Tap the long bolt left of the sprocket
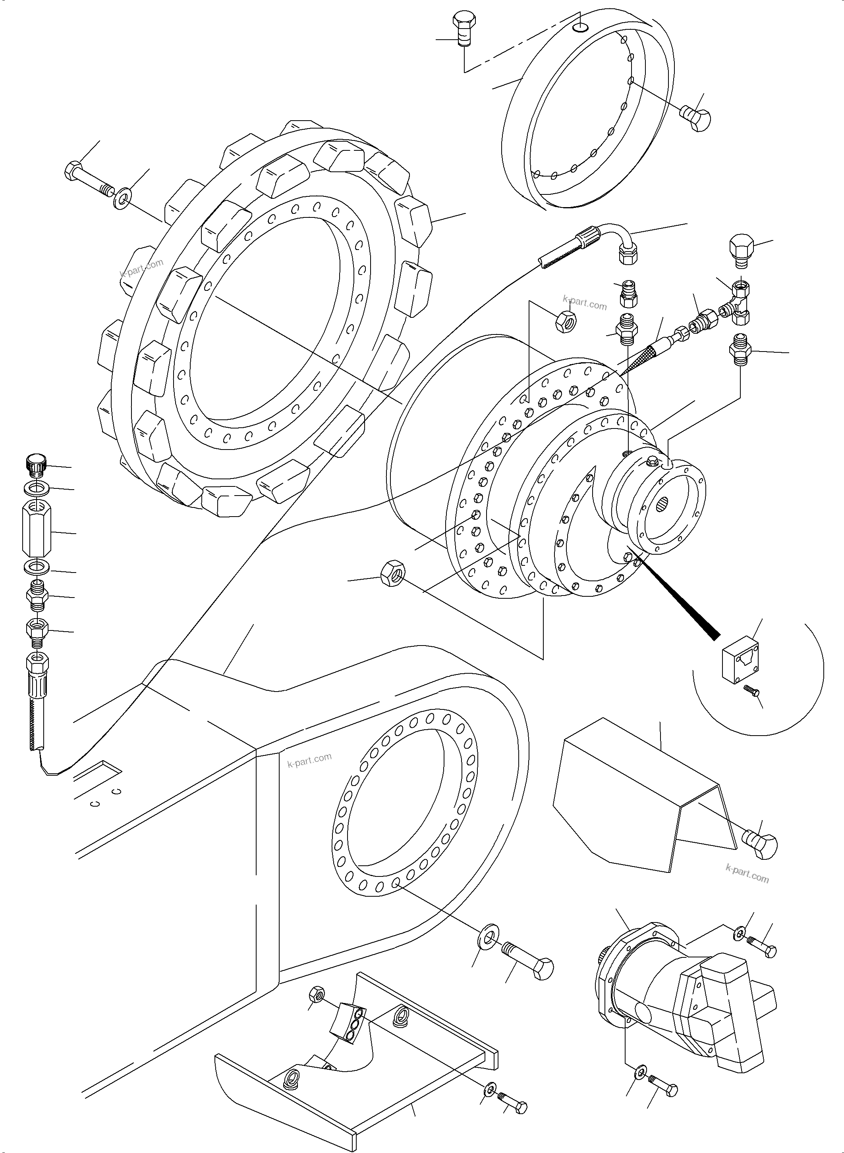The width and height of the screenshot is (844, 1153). [90, 179]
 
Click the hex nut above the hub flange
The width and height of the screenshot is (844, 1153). [566, 321]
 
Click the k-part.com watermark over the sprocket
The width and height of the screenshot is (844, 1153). [141, 267]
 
